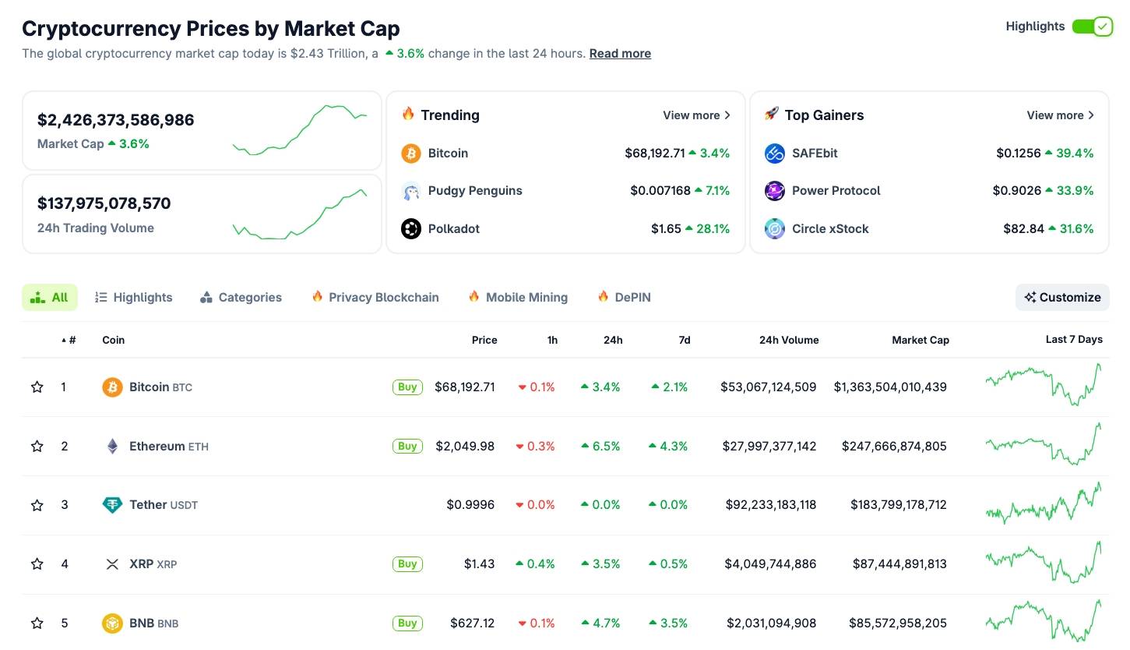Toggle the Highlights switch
coord(1092,26)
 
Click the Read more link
coord(620,54)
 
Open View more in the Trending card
coord(696,115)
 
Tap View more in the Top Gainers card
coord(1060,115)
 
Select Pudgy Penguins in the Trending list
coord(474,191)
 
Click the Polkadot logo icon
coord(411,229)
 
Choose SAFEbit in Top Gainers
coord(815,154)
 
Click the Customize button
coord(1062,297)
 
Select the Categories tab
coord(241,298)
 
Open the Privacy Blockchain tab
coord(375,298)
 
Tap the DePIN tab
coord(625,298)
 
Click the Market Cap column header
coord(920,340)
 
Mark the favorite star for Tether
coord(37,505)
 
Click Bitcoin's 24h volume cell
coord(768,387)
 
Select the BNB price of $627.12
coord(472,624)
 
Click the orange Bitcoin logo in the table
coord(112,387)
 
